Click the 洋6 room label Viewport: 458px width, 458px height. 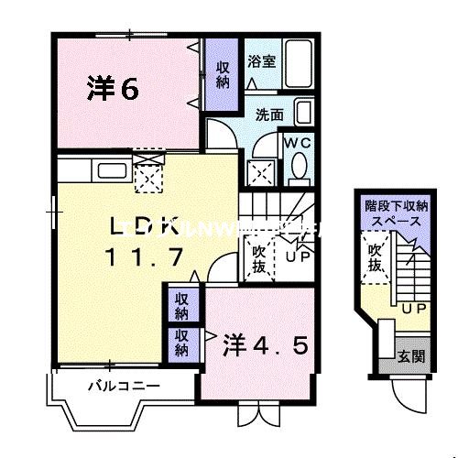113,89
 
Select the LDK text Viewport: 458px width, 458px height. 144,226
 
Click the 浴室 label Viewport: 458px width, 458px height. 261,62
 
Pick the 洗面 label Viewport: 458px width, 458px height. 268,115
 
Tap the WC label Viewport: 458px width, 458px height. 297,145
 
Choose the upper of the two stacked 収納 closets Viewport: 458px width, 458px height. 182,305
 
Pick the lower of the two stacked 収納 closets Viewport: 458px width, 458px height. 182,343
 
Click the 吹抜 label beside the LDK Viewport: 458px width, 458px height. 257,256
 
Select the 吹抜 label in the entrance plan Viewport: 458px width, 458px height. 375,257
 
